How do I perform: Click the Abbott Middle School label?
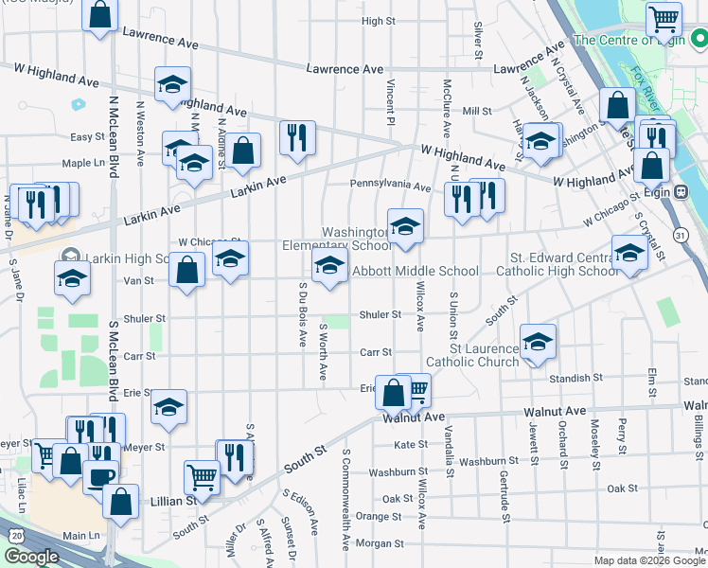pos(416,272)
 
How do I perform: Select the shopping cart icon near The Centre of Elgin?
pos(664,18)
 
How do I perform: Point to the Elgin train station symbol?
pos(681,190)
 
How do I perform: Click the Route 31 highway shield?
pos(681,233)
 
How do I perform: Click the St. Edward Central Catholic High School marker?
pos(628,252)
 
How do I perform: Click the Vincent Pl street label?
pos(390,100)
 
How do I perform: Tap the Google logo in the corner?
pos(30,557)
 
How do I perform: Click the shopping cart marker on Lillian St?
pos(202,476)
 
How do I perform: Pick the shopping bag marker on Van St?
pos(187,270)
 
